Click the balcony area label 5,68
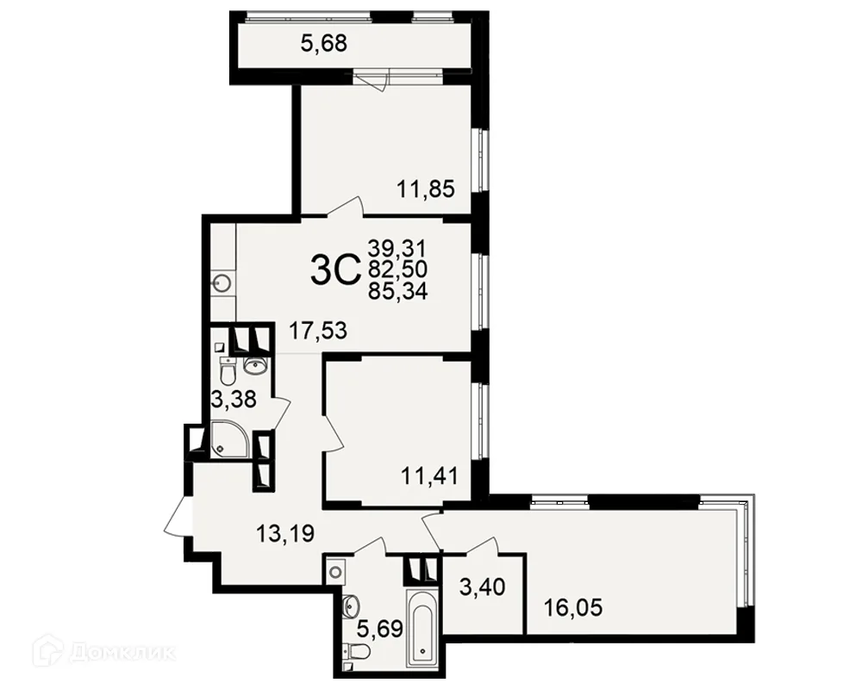[x=324, y=43]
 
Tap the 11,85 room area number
[x=426, y=189]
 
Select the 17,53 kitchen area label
[x=319, y=331]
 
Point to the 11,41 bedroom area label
[x=429, y=475]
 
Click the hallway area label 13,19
[x=286, y=533]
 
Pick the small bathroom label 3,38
[x=234, y=400]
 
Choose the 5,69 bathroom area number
[x=380, y=628]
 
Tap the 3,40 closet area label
[x=482, y=587]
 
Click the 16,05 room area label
[x=573, y=608]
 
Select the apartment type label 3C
[x=334, y=272]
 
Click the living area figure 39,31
[x=397, y=249]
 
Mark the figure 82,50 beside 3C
[x=398, y=270]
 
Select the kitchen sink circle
[x=222, y=284]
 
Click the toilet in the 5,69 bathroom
[x=359, y=652]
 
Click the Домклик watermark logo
[x=109, y=652]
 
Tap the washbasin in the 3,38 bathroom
[x=254, y=365]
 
